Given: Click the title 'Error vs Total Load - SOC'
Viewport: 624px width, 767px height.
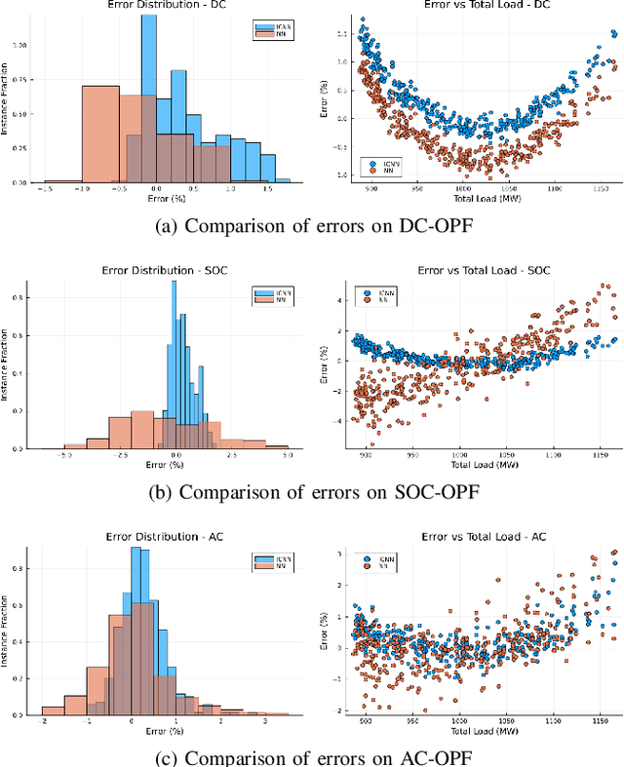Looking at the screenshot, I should pyautogui.click(x=475, y=270).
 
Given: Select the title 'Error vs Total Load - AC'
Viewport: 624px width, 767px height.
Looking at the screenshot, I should pyautogui.click(x=475, y=536).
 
